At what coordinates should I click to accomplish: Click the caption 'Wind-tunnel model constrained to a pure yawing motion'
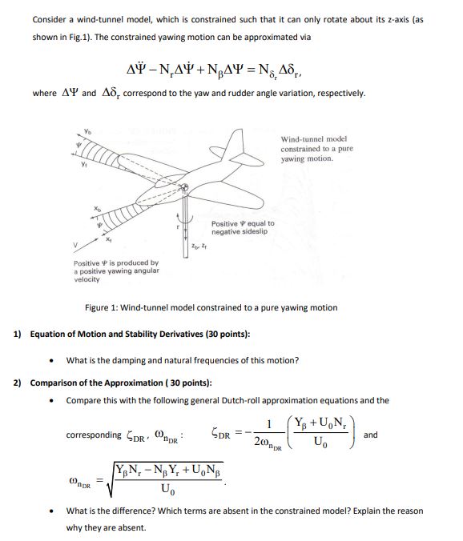click(313, 148)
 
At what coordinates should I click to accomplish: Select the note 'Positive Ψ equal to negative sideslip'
click(243, 227)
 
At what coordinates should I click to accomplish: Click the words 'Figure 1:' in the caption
click(104, 307)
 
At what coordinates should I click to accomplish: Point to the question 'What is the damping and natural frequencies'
click(183, 359)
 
